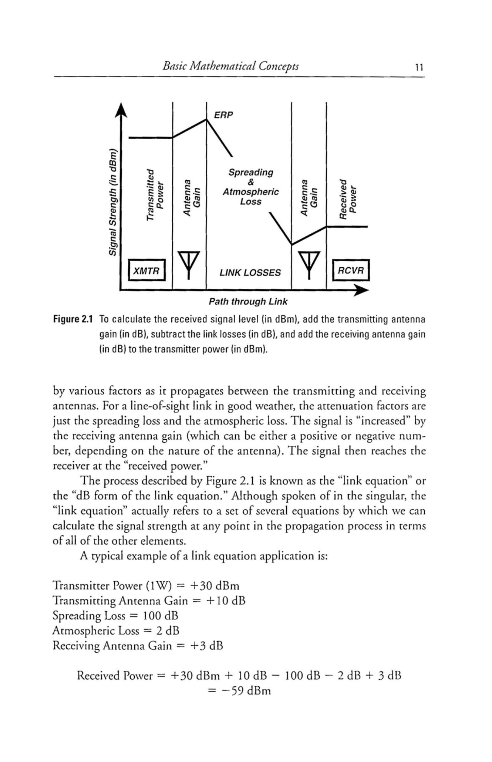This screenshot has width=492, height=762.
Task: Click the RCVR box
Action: [x=351, y=271]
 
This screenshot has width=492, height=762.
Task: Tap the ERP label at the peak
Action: [x=223, y=115]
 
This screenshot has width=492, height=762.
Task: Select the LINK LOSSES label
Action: [x=250, y=273]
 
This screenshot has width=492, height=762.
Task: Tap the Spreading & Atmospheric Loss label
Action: [x=251, y=187]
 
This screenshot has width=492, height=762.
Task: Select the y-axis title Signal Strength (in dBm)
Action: [x=112, y=203]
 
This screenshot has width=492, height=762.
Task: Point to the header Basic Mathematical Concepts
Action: [x=231, y=66]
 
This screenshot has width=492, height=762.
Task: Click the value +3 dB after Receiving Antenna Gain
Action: [x=206, y=645]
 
